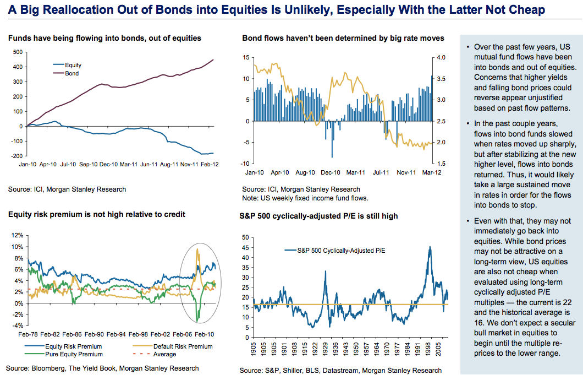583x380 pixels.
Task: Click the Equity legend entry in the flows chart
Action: [73, 65]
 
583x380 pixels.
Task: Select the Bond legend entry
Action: [71, 73]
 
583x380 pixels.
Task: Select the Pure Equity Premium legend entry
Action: [74, 354]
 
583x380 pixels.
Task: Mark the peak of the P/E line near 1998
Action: [430, 246]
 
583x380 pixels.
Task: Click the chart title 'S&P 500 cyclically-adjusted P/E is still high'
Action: [318, 216]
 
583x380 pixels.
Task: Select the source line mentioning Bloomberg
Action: [102, 368]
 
